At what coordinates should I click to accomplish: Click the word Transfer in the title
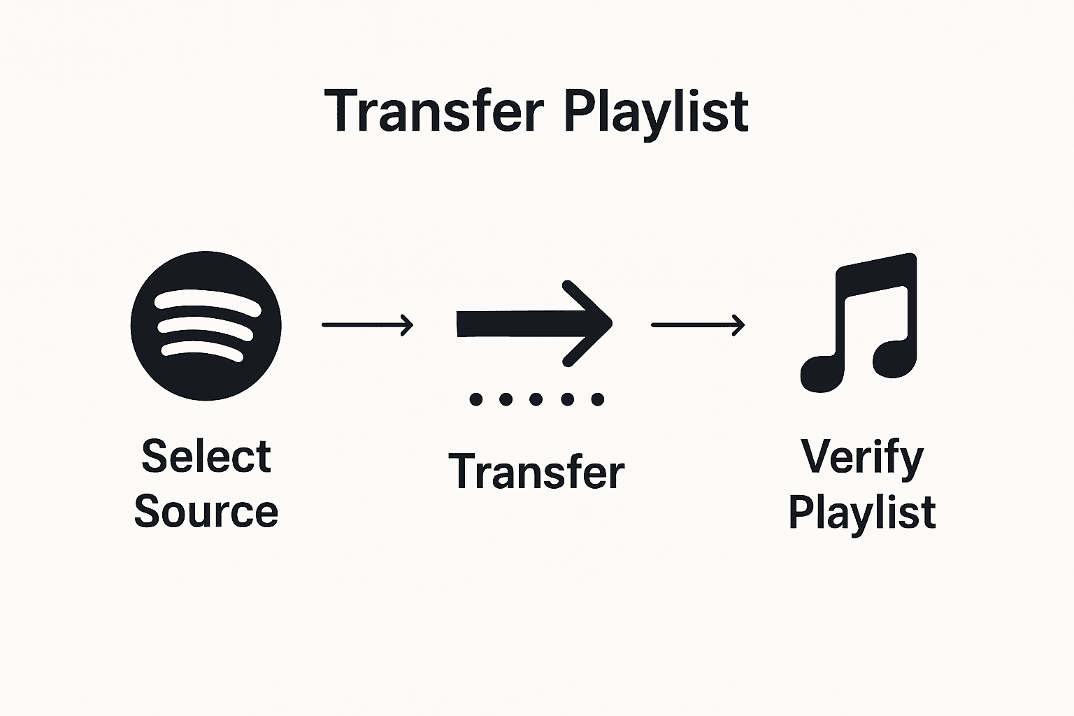[x=434, y=111]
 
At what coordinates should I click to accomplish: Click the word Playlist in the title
[x=656, y=111]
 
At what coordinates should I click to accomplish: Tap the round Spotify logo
[x=206, y=326]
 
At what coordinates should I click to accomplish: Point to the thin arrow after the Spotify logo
[x=367, y=325]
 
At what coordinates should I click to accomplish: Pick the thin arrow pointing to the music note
[x=698, y=325]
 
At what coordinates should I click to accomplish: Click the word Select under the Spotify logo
[x=206, y=457]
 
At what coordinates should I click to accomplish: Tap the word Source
[x=206, y=511]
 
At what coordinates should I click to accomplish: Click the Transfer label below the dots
[x=536, y=472]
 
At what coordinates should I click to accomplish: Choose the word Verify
[x=862, y=457]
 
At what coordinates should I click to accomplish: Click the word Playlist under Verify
[x=862, y=513]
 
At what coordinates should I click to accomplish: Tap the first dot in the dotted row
[x=476, y=399]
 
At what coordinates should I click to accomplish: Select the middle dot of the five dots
[x=536, y=399]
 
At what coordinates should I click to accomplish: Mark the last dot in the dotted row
[x=597, y=399]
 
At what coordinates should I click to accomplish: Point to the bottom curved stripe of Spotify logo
[x=203, y=350]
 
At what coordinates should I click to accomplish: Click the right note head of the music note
[x=894, y=359]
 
